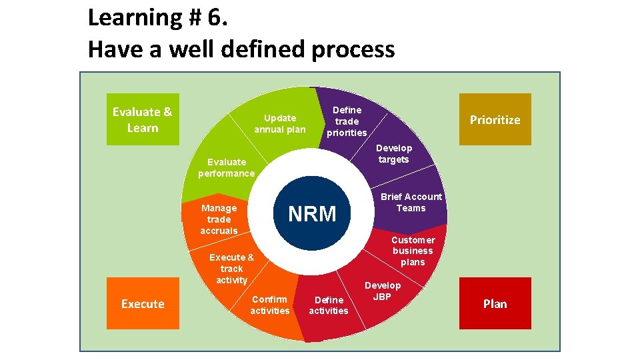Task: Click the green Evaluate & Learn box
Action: click(143, 119)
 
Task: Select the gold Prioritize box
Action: click(495, 119)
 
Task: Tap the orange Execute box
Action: click(143, 303)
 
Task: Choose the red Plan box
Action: click(495, 303)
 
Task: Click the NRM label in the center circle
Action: click(312, 214)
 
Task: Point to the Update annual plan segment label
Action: click(280, 123)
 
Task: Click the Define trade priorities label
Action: click(347, 121)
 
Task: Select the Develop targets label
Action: click(394, 153)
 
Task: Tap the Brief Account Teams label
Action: click(411, 202)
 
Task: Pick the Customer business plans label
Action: click(413, 251)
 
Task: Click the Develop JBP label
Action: click(382, 291)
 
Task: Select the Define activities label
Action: click(329, 305)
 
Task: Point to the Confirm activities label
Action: click(270, 305)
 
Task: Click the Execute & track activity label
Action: click(231, 269)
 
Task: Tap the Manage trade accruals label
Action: click(219, 219)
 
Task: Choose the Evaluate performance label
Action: click(226, 167)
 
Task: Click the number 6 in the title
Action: click(216, 18)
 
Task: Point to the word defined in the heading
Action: click(256, 49)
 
